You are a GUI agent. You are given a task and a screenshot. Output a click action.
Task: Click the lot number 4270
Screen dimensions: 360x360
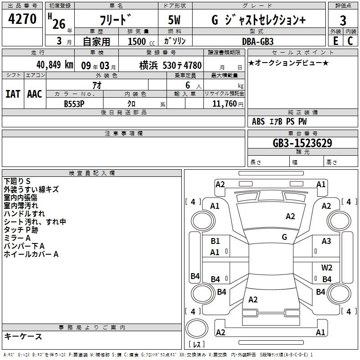click(22, 18)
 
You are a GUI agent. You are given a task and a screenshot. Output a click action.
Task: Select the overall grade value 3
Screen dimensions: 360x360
click(343, 20)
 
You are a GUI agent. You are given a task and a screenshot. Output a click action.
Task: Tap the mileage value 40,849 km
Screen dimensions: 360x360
click(54, 65)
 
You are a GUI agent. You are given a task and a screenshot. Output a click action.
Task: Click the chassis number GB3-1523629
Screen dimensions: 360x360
click(302, 143)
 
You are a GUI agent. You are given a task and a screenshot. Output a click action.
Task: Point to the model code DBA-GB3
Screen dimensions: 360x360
click(258, 41)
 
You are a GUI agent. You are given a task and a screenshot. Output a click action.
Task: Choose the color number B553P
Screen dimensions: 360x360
click(74, 104)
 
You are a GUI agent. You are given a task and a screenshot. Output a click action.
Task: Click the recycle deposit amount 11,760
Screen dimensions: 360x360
click(224, 103)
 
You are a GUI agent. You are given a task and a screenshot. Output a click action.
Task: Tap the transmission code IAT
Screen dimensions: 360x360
click(13, 94)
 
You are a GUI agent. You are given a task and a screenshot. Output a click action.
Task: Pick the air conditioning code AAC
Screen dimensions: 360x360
click(35, 94)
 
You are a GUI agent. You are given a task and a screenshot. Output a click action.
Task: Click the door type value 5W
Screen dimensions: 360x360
click(174, 20)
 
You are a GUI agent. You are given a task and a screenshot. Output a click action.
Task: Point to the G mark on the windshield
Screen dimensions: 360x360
click(284, 237)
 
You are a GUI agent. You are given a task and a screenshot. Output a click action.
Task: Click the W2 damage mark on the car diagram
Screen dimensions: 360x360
click(327, 267)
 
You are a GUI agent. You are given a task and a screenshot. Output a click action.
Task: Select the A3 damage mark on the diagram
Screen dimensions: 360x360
click(326, 241)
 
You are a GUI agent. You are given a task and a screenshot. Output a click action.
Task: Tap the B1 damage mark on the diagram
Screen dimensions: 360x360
click(215, 241)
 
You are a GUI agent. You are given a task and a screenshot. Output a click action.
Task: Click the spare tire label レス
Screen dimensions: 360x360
click(197, 344)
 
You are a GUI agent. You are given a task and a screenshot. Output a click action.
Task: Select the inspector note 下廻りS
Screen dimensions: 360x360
click(17, 181)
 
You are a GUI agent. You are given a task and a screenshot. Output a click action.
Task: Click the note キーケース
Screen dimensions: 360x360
click(23, 336)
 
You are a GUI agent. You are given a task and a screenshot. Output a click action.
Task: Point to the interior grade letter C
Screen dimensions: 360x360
click(350, 41)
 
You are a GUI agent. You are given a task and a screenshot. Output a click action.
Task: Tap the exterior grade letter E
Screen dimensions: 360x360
click(335, 41)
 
